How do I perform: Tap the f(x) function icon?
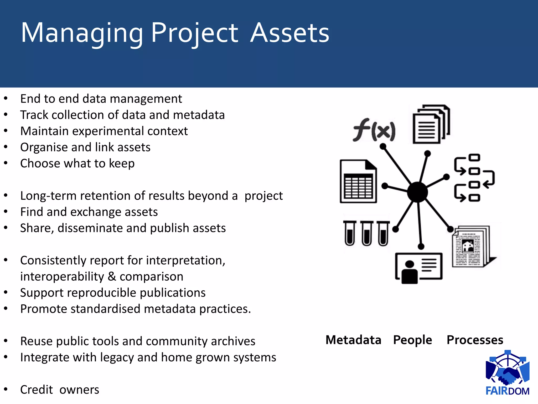pos(374,130)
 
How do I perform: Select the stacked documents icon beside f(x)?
pos(431,124)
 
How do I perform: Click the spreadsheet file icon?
pos(358,181)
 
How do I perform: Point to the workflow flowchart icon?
pos(474,178)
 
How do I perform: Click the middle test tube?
pos(366,233)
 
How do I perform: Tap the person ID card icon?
pos(419,268)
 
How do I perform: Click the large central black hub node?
pos(417,192)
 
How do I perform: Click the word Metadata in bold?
pos(353,340)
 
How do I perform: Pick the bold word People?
pos(412,340)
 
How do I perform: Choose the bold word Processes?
pos(475,340)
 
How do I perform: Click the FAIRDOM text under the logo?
pos(507,391)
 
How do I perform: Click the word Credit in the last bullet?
pos(37,390)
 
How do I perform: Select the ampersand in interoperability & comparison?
pos(112,276)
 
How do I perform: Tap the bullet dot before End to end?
pos(6,98)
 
